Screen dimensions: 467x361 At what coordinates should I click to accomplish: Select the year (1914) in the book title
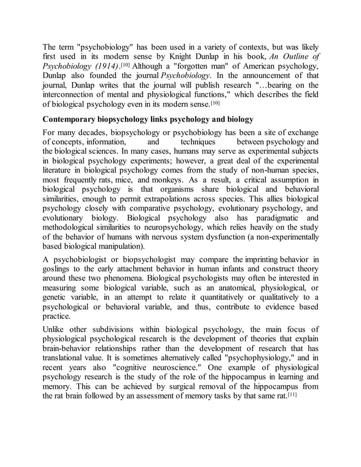tap(104, 67)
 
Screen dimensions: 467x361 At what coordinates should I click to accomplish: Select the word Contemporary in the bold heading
tap(74, 120)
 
